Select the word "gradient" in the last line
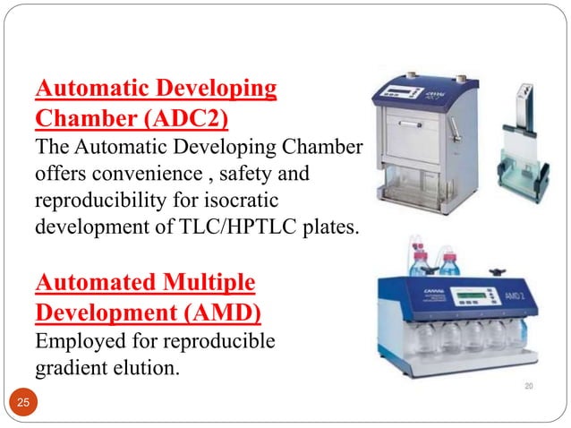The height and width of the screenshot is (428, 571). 70,365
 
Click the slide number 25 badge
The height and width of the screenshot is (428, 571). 21,404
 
